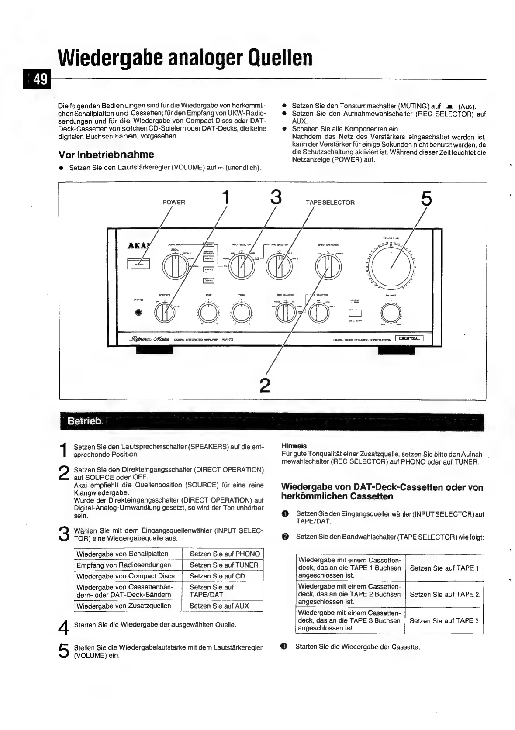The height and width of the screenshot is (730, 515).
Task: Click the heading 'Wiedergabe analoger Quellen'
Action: [185, 58]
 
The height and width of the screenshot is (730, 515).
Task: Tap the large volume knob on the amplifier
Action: [391, 267]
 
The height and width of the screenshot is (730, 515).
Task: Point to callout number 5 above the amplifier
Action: [426, 199]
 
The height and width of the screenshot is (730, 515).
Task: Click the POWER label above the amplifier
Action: [174, 203]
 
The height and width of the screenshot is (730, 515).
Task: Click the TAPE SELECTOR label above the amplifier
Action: [330, 203]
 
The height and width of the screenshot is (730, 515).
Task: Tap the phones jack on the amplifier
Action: [139, 313]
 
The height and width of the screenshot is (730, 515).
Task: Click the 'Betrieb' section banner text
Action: [85, 421]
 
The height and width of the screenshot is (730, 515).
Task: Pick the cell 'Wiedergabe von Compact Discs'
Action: [125, 576]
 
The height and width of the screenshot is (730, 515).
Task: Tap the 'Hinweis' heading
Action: [294, 446]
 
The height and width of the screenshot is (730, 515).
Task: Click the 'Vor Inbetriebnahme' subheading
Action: [106, 155]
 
